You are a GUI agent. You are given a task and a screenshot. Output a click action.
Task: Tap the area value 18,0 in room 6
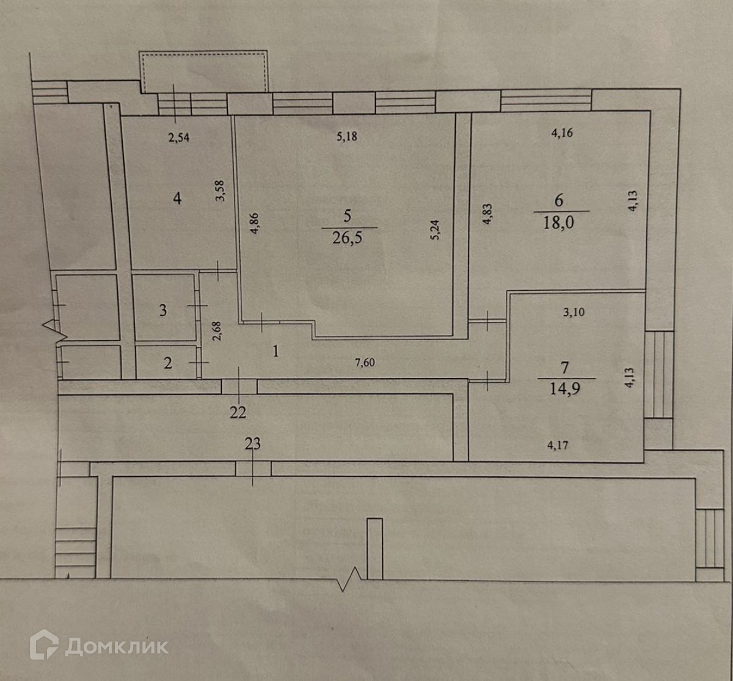point(560,221)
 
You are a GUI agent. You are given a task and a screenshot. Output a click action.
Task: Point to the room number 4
point(177,198)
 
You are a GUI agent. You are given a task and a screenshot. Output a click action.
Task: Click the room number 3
point(162,310)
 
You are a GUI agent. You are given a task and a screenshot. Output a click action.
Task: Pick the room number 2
point(168,363)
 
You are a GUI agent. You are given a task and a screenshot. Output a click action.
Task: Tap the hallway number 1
point(276,351)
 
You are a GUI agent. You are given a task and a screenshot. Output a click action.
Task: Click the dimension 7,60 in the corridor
point(364,362)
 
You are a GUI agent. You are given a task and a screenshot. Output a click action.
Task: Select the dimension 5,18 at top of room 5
point(346,136)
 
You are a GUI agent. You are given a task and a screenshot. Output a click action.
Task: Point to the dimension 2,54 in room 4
point(179,138)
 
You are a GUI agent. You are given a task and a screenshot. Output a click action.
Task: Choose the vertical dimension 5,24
point(434,230)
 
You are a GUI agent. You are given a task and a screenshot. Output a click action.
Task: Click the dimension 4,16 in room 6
point(561,134)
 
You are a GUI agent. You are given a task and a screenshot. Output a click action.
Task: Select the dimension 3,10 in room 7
point(573,312)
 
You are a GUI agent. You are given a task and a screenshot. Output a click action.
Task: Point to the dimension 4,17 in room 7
point(558,446)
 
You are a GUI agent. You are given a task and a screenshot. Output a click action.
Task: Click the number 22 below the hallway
point(238,413)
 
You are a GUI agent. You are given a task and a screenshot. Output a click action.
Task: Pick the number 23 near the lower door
point(252,445)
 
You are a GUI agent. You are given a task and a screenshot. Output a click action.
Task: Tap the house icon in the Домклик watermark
point(44,645)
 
